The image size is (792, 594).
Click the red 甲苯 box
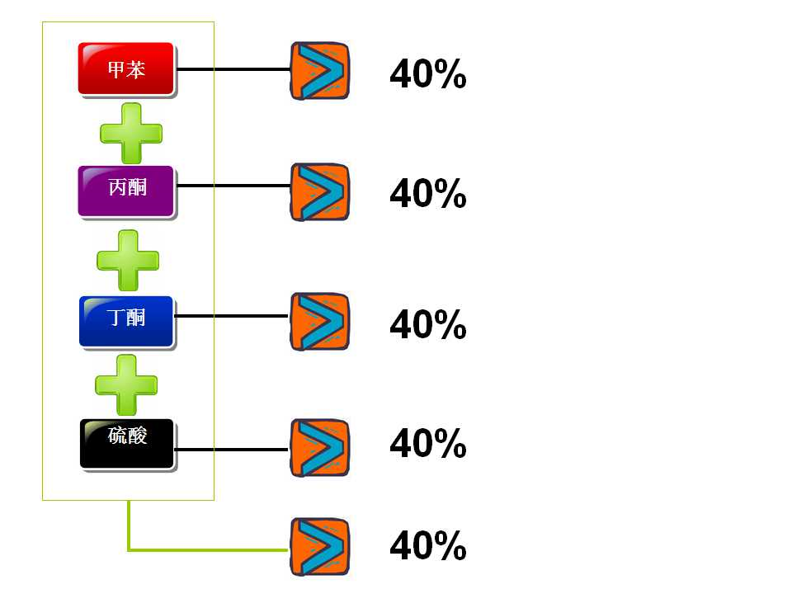[x=126, y=69]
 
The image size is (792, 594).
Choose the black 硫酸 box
[x=127, y=443]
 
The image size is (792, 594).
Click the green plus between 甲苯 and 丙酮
[x=130, y=132]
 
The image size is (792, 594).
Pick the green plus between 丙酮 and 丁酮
[x=128, y=260]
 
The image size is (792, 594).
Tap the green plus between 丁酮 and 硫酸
[x=126, y=384]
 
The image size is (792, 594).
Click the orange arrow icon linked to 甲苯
[x=319, y=71]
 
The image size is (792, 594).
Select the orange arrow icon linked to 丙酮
[x=319, y=192]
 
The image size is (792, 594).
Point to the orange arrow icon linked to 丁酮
[x=319, y=321]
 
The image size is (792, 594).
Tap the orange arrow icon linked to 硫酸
[x=319, y=448]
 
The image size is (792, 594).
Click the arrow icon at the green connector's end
[x=319, y=547]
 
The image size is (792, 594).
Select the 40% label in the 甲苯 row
[x=427, y=76]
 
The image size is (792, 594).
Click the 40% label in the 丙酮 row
[x=427, y=195]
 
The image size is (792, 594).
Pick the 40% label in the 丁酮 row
[x=427, y=325]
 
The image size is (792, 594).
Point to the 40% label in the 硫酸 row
[x=427, y=445]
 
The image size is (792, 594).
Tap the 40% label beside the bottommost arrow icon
[x=427, y=546]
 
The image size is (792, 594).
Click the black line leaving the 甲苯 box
[x=233, y=69]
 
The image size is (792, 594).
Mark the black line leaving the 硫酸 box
[x=233, y=450]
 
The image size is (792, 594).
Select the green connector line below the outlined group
[x=206, y=549]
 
